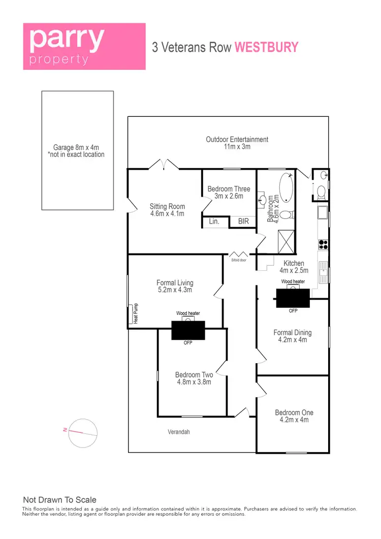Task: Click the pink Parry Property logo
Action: (x=84, y=46)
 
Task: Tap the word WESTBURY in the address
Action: (x=266, y=47)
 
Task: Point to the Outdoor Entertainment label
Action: (x=237, y=143)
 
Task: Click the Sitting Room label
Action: (x=167, y=210)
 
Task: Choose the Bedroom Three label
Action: (x=229, y=193)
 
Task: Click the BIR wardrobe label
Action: (x=243, y=222)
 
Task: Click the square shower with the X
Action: (x=284, y=241)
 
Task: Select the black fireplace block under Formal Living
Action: (x=188, y=330)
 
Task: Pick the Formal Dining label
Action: (x=293, y=336)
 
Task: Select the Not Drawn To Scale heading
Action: (x=59, y=500)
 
